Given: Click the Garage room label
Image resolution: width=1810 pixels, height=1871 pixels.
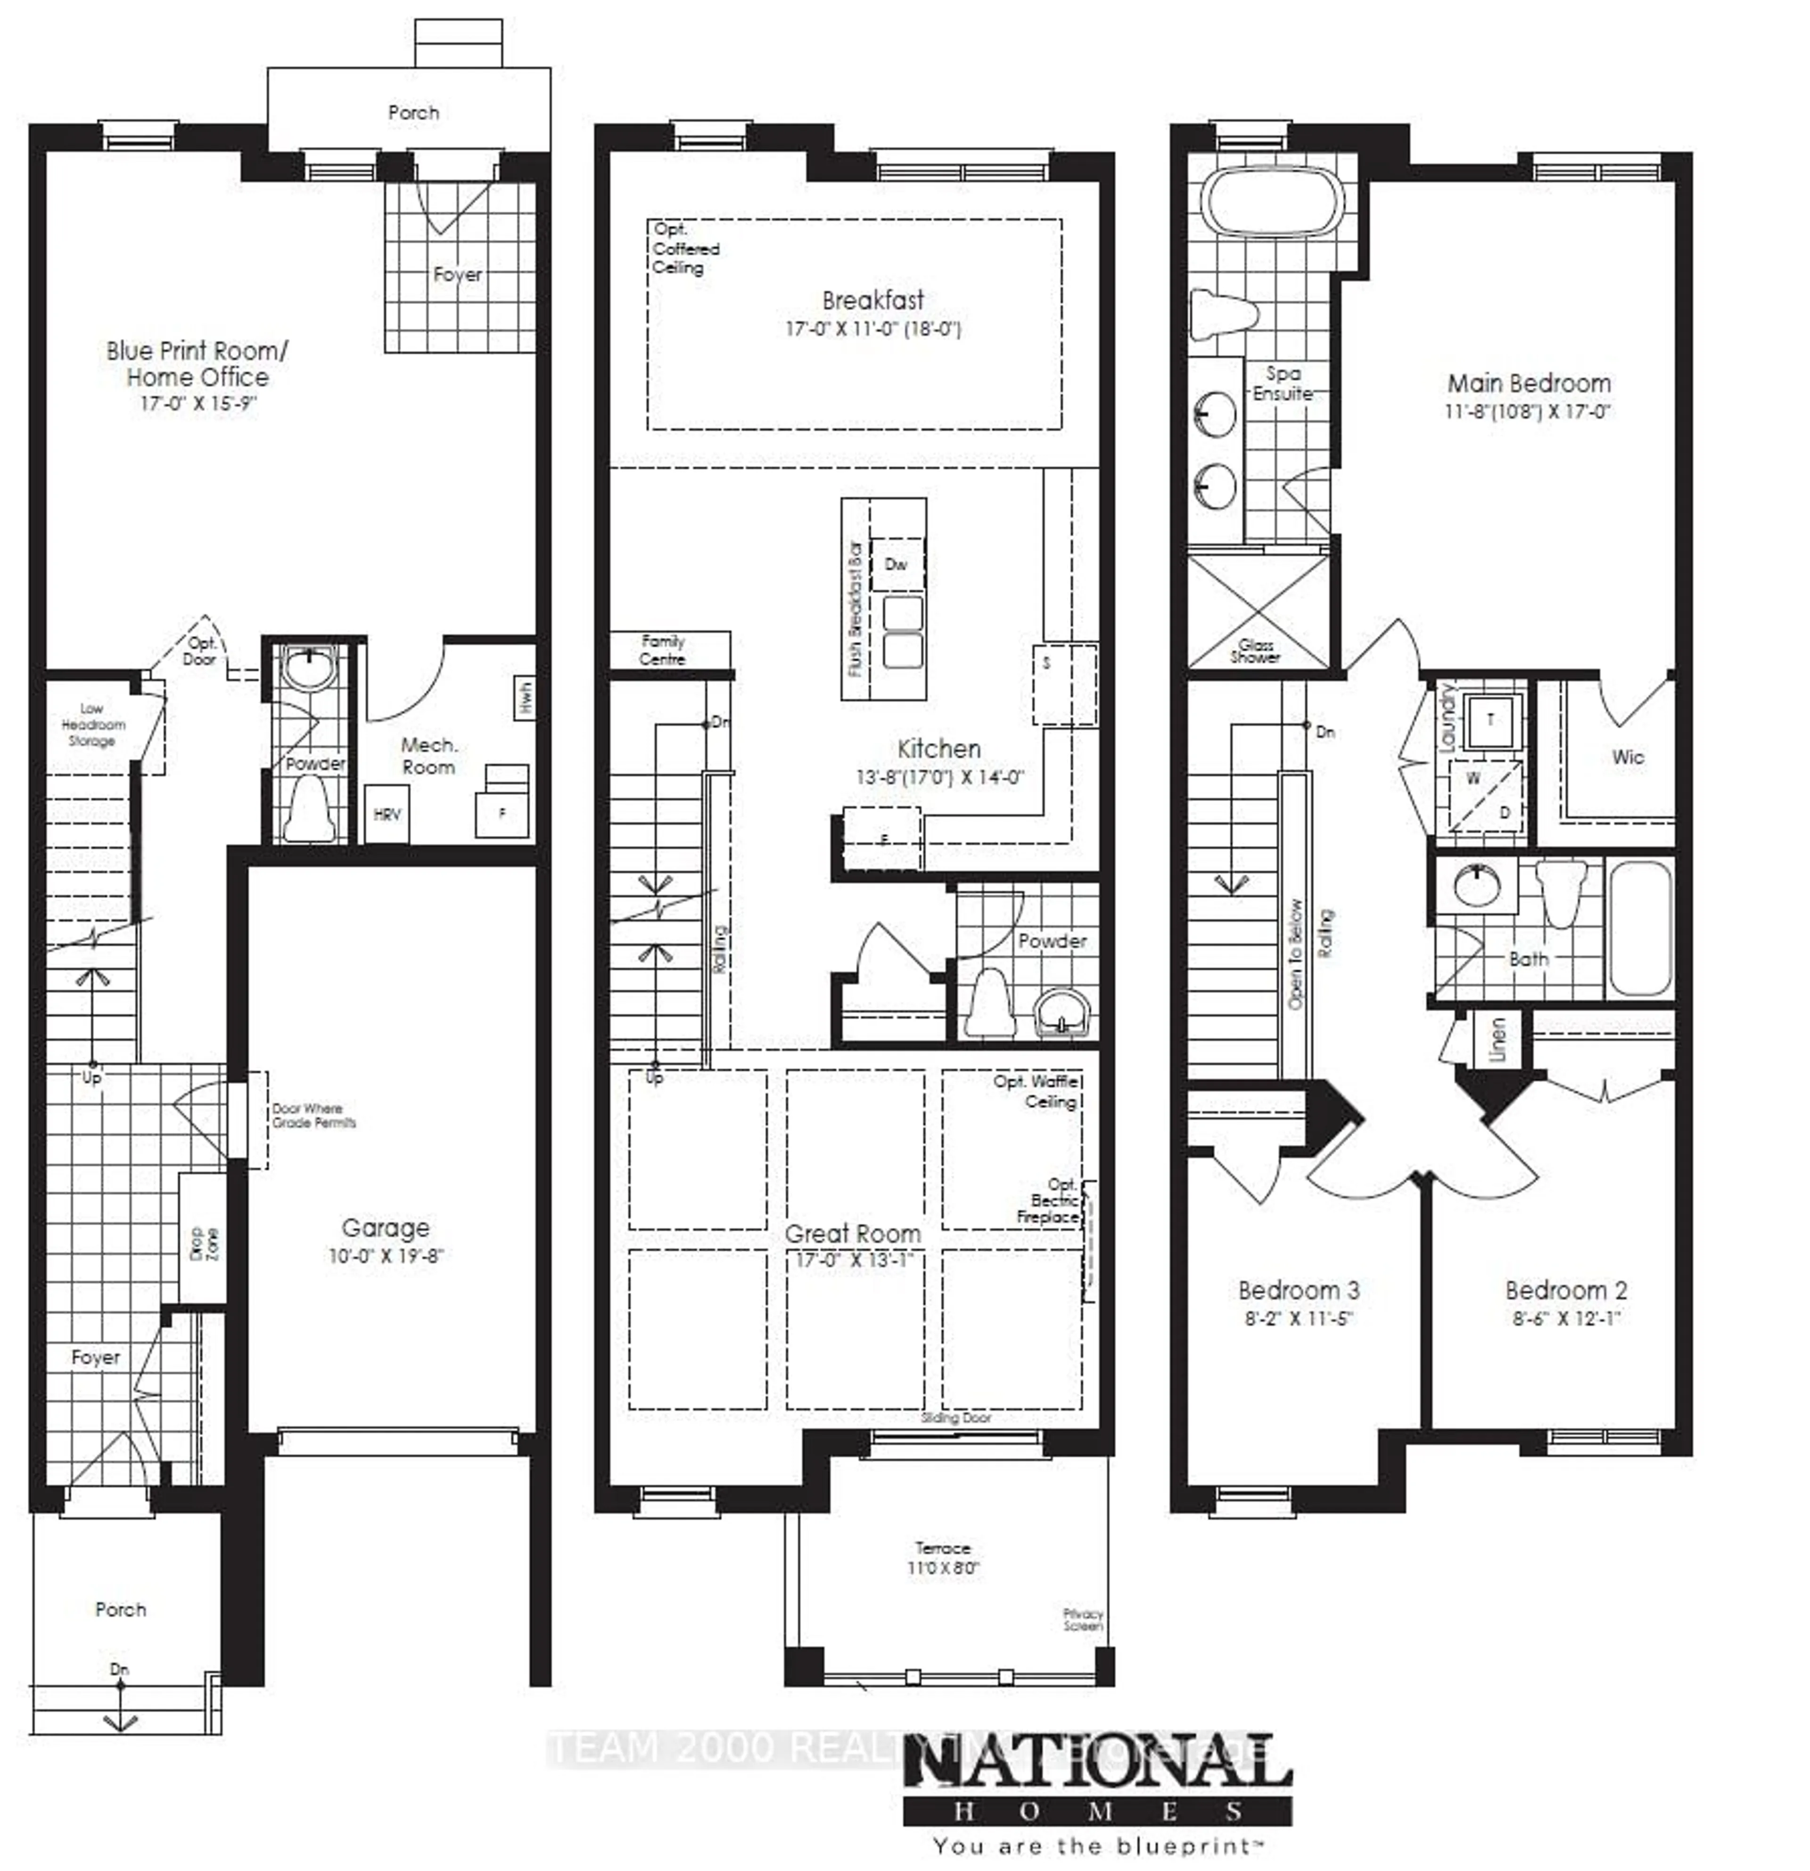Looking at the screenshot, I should (x=386, y=1228).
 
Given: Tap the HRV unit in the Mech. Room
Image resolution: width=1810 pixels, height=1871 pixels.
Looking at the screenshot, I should (x=387, y=814).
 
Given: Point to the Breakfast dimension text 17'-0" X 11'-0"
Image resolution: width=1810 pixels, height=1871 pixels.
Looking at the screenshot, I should (x=872, y=330).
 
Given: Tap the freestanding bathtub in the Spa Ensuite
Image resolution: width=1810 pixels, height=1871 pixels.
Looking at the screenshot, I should (x=1275, y=202).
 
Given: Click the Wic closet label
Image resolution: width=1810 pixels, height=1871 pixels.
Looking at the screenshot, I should (x=1628, y=757).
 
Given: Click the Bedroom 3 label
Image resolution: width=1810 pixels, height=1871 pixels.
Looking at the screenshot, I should (x=1298, y=1291).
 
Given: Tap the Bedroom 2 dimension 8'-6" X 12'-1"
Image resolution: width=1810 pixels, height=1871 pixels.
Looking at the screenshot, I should (x=1567, y=1319).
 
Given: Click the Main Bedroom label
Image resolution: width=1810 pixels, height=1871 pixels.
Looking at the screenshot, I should (x=1529, y=384).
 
